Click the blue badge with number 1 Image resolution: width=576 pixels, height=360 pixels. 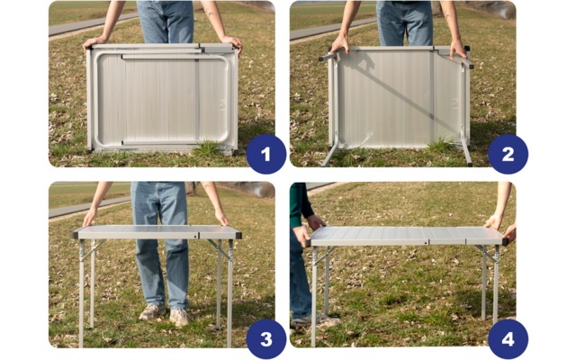(265, 155)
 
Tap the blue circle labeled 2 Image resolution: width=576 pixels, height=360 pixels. (508, 155)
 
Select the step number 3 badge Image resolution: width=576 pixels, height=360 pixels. (265, 339)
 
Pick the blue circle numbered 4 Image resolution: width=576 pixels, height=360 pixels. (508, 339)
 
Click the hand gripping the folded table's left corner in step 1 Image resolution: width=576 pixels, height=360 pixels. (94, 41)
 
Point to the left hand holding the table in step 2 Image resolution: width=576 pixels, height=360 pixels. (339, 43)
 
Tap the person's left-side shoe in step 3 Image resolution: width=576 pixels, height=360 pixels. (151, 311)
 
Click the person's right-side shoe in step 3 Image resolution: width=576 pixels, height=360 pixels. (180, 316)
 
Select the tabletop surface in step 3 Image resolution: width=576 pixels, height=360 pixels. (157, 232)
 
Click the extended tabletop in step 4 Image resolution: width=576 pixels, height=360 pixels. (405, 236)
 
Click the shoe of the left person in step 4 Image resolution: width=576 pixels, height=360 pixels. (306, 319)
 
